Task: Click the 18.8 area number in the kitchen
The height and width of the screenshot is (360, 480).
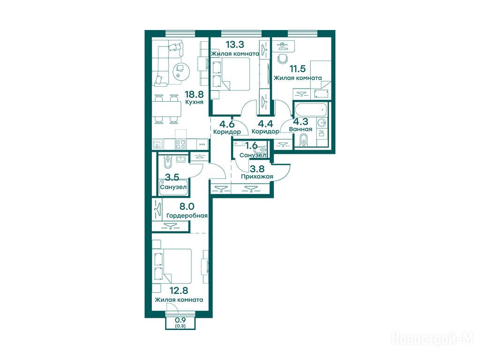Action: (x=195, y=94)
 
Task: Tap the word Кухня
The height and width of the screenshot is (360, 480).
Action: (x=194, y=102)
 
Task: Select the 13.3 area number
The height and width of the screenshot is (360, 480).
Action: (x=235, y=45)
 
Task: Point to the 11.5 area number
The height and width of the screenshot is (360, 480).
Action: (x=298, y=68)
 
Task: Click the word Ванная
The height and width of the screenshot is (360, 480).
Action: (x=300, y=129)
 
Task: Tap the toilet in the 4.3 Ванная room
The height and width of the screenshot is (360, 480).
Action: (x=304, y=141)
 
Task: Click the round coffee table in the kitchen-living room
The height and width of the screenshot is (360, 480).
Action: (x=181, y=72)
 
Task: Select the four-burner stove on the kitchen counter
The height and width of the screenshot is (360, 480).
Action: (x=181, y=144)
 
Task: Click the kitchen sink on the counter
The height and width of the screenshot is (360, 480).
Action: (x=158, y=144)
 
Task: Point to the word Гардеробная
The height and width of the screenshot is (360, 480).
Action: (x=187, y=216)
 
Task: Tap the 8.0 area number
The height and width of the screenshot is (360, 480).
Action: (x=187, y=207)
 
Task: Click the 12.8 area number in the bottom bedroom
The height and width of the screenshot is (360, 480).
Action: (x=179, y=290)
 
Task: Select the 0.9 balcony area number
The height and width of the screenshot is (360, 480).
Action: (x=180, y=320)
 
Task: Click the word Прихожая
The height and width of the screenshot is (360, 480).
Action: (x=257, y=177)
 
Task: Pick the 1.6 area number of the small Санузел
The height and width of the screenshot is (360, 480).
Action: (x=251, y=145)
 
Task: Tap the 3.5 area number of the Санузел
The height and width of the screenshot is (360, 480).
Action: (x=172, y=177)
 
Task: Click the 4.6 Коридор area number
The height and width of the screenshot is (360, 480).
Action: (x=227, y=124)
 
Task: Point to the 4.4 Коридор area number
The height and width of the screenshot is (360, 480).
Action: (x=265, y=124)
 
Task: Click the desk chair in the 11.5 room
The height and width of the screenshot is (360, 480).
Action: (x=283, y=58)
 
